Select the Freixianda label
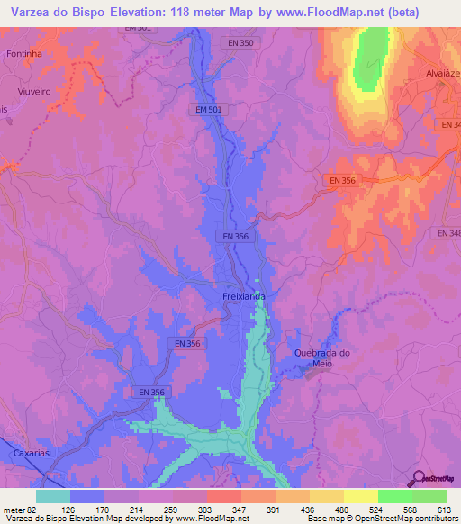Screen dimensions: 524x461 coord(244,295)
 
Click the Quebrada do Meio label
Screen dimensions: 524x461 coord(321,357)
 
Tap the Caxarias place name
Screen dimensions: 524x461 coord(32,456)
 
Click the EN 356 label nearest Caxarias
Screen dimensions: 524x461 coord(151,392)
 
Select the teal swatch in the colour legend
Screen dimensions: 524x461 coord(52,496)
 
